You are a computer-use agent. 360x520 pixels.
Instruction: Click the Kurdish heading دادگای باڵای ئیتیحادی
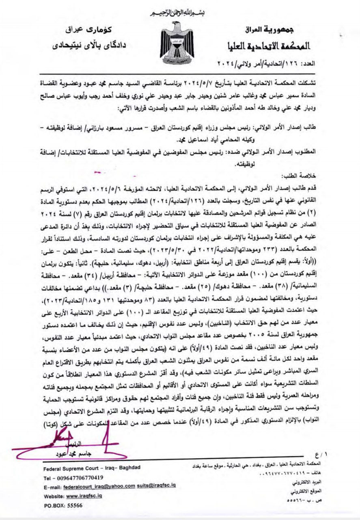pyautogui.click(x=89, y=45)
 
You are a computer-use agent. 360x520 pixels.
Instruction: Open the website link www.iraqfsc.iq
pyautogui.click(x=84, y=496)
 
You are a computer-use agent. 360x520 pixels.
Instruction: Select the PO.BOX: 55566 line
pyautogui.click(x=63, y=506)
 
